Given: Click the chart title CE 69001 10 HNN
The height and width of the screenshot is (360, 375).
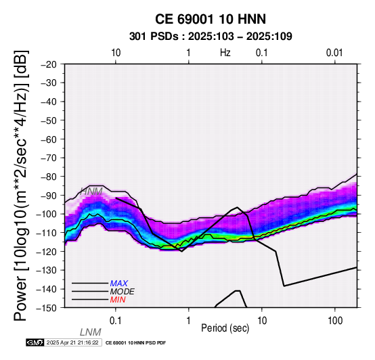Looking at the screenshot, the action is tap(211, 19).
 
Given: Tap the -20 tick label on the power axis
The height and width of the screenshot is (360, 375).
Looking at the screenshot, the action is tap(49, 64).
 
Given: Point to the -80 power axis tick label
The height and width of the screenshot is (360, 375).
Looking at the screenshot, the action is tap(49, 177).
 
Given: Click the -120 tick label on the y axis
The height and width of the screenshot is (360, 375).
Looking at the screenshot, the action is tap(47, 251).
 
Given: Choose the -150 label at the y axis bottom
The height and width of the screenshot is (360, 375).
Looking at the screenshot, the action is tap(47, 308).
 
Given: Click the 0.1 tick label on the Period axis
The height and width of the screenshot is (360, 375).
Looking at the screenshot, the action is tap(115, 321).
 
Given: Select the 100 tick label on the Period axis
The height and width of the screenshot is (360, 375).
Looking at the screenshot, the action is tap(335, 321).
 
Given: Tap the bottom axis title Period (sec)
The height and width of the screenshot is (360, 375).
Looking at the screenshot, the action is tap(225, 328).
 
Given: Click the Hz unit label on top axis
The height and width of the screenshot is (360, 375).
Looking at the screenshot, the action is tap(225, 53).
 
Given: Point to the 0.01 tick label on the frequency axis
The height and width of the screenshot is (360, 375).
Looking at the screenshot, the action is tap(334, 53).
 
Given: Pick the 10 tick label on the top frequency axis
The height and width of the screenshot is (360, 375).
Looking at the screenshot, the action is tap(116, 53).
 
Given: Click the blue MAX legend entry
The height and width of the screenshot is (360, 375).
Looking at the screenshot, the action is tap(119, 284).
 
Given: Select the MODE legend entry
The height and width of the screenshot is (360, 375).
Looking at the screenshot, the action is tap(123, 292).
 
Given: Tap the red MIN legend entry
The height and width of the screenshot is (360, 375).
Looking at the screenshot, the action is tap(118, 300).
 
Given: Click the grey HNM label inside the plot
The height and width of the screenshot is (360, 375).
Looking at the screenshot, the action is tap(91, 192).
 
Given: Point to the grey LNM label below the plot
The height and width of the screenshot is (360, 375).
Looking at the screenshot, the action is tap(91, 332).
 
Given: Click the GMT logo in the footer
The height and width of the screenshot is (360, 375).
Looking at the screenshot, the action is tap(35, 342).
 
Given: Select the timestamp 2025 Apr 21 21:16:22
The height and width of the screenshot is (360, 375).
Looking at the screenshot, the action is tap(72, 342).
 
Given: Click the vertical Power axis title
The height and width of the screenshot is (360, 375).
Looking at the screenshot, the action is tap(21, 185).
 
